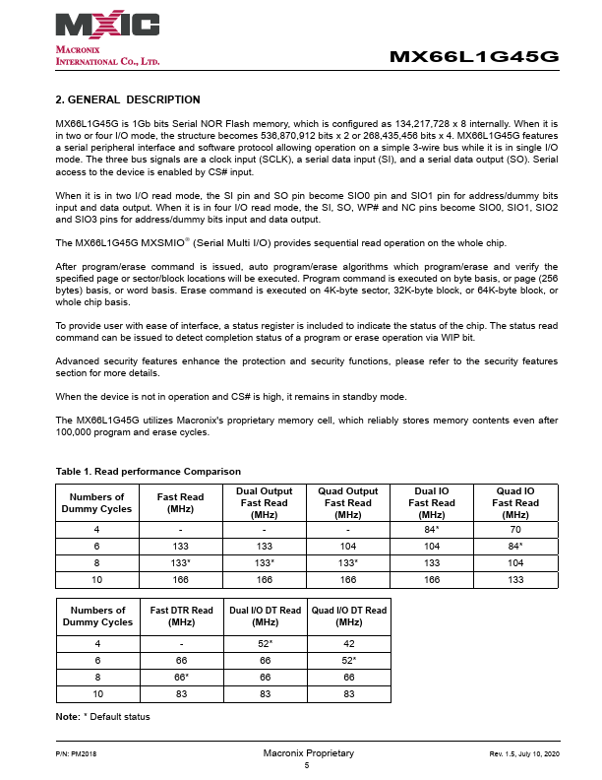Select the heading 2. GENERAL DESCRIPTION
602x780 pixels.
tap(128, 99)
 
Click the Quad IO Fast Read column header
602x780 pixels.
tap(515, 502)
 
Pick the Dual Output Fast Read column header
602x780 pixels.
tap(265, 502)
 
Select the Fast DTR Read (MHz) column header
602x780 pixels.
tap(181, 617)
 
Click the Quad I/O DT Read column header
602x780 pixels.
tap(348, 617)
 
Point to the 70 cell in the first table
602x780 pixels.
tap(515, 529)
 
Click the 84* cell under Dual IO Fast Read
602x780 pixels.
tap(432, 529)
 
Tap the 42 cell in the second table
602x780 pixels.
tap(348, 643)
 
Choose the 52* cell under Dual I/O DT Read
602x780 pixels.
tap(265, 643)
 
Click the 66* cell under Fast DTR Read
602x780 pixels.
tap(181, 679)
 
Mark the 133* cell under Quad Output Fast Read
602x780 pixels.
tap(348, 564)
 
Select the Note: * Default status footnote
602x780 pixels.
tap(102, 716)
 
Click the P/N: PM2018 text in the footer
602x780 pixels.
tap(76, 753)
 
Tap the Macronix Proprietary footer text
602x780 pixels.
tap(308, 753)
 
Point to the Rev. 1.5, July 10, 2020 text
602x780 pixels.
tap(523, 753)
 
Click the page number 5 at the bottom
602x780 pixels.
tap(307, 765)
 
